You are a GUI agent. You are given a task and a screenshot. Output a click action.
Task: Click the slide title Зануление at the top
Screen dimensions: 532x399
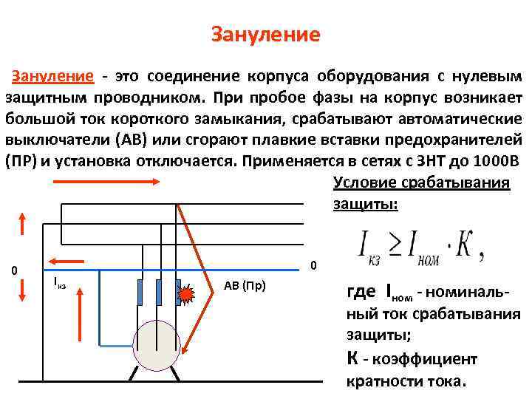(265, 35)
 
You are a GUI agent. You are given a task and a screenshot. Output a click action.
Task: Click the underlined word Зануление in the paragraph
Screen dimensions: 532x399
(52, 77)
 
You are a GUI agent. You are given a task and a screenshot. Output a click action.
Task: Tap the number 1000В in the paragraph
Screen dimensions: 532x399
(494, 161)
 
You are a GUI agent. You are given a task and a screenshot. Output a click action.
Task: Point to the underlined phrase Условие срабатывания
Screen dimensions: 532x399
(421, 183)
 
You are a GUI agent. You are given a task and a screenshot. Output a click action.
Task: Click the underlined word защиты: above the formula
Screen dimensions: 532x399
(366, 203)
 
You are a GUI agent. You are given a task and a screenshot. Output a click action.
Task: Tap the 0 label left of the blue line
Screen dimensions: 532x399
(14, 270)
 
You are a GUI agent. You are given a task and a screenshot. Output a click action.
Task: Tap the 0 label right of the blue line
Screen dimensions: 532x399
(313, 266)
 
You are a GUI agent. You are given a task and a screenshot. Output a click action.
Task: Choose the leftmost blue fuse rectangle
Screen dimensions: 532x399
(140, 293)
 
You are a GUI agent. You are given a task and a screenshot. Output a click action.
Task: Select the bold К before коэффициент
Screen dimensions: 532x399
(353, 359)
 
